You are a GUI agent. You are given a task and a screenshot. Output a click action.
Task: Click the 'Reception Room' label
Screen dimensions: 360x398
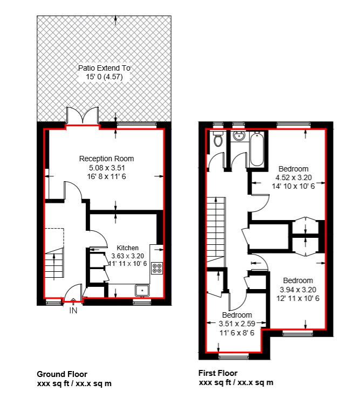(106, 159)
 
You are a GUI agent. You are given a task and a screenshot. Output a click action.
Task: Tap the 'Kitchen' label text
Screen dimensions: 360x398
(127, 248)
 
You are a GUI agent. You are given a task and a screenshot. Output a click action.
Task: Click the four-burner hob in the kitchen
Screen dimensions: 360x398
(157, 268)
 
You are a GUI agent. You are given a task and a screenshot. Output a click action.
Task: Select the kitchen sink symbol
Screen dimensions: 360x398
(142, 290)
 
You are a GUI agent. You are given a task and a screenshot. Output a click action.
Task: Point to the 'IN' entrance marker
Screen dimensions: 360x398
(73, 310)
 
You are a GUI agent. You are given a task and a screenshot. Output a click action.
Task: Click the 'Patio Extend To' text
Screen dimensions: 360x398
(104, 68)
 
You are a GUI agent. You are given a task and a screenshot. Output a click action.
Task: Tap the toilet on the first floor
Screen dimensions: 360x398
(218, 139)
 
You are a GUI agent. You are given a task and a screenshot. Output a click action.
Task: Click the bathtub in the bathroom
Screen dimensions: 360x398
(257, 148)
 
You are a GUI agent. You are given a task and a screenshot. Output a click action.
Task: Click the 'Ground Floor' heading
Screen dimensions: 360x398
(62, 374)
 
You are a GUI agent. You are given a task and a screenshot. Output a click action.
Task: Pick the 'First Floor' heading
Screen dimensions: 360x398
(218, 373)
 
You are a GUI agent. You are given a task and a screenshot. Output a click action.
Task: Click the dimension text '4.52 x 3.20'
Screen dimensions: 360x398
(294, 177)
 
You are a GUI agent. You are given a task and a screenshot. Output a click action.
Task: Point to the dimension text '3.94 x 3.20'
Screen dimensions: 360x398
(298, 290)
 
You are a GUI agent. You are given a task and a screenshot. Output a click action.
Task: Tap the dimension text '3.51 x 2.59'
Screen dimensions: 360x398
(237, 324)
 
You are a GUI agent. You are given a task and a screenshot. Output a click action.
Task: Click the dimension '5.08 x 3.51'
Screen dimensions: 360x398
(107, 168)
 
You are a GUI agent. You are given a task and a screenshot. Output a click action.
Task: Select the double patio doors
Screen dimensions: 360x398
(83, 116)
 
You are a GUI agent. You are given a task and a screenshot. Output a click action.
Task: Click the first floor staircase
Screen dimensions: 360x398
(216, 232)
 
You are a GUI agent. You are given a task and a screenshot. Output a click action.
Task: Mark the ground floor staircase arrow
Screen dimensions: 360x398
(54, 266)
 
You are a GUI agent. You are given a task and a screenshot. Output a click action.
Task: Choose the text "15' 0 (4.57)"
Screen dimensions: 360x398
(104, 77)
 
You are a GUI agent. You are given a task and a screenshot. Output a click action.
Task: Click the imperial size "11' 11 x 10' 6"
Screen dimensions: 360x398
(128, 264)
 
